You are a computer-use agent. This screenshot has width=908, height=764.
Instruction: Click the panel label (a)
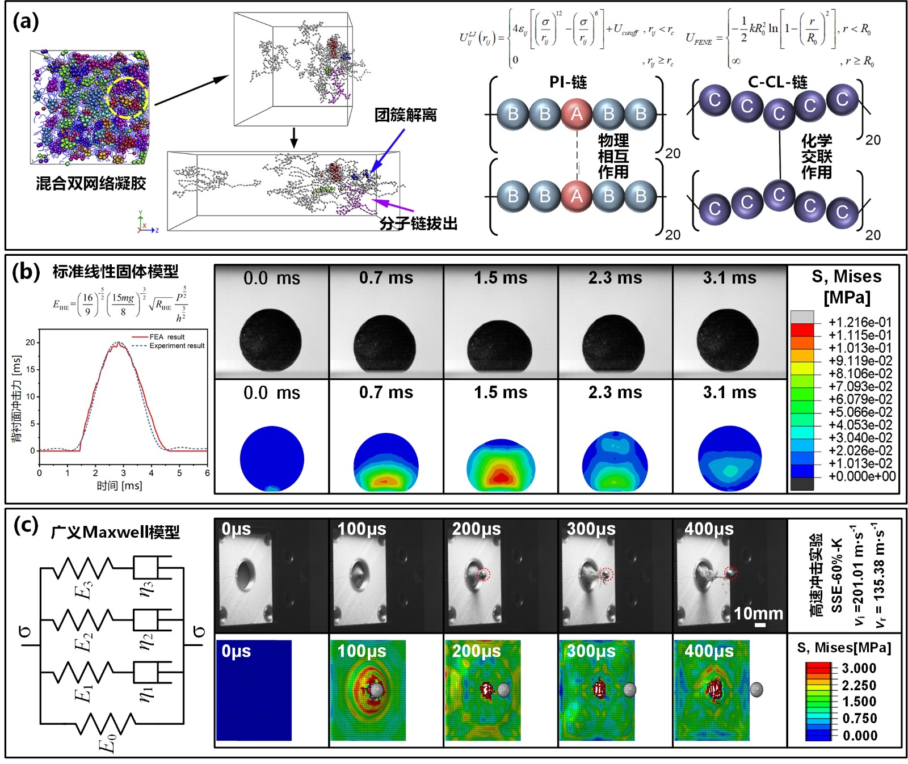point(26,22)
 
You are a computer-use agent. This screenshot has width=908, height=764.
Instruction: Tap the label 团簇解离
point(405,115)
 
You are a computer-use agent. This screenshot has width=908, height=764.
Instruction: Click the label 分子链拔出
point(418,223)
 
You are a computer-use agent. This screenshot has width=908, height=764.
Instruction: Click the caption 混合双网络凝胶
point(91,183)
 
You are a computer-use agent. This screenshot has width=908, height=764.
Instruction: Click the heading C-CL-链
point(777,82)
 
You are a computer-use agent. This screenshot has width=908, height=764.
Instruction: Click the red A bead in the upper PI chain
point(577,114)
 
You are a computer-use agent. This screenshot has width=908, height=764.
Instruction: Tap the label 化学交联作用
point(816,156)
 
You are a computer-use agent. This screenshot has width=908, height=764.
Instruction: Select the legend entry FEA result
point(167,337)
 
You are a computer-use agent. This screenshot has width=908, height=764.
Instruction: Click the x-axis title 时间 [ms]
point(119,486)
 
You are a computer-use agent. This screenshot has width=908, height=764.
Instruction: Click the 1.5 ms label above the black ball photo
point(501,278)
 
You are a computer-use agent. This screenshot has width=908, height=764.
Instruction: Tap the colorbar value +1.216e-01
point(860,322)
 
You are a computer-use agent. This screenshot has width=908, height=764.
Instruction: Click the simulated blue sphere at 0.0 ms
point(272,458)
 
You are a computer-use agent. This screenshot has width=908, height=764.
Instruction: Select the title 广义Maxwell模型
point(115,532)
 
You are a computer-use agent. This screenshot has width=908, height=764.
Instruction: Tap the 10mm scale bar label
point(758,614)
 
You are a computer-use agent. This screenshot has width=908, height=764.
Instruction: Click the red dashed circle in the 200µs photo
point(483,574)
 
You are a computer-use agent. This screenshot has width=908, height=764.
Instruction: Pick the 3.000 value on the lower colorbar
point(859,668)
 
